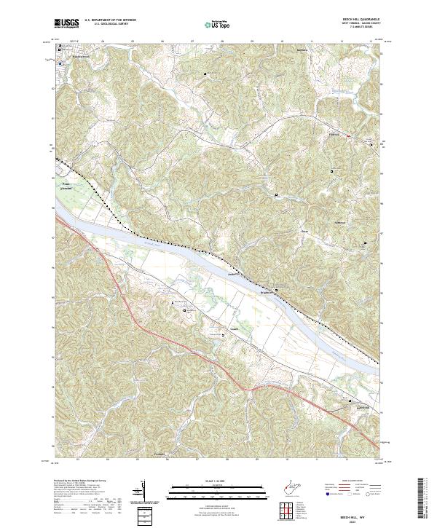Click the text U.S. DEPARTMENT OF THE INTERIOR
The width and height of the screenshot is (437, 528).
(x=110, y=21)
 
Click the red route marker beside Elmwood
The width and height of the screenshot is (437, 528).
(x=348, y=135)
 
